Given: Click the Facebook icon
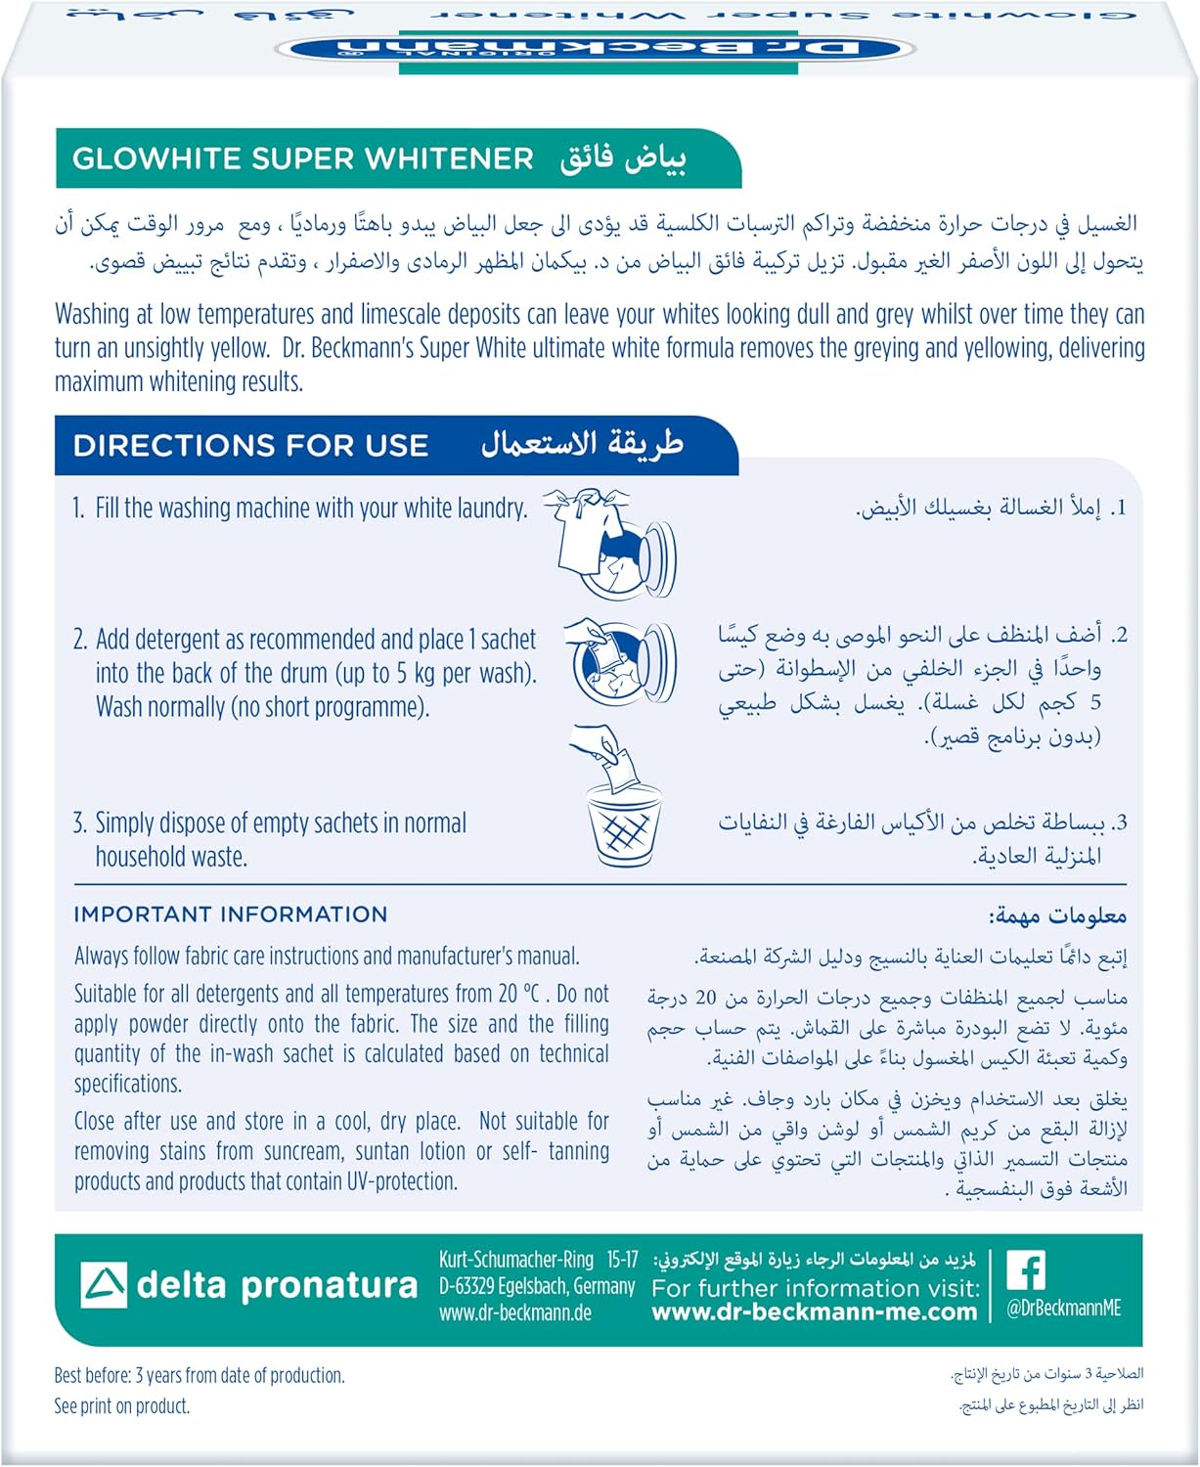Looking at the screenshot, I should coord(1026,1270).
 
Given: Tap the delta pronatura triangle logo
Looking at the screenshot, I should coord(103,1285).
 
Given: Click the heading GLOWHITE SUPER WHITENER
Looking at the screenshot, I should coord(303,158).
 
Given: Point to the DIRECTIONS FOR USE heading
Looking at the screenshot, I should coord(250,446).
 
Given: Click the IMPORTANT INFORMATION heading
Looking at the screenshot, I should coord(231,914).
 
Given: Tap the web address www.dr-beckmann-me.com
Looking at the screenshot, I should coord(815,1312).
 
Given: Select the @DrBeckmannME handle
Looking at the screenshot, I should coord(1063,1309).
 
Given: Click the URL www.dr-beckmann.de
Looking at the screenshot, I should coord(515,1312).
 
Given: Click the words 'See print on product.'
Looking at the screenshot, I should coord(122,1406).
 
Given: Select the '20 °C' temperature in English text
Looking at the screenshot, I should coord(518,994).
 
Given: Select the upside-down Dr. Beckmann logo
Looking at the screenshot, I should coord(599,47).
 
